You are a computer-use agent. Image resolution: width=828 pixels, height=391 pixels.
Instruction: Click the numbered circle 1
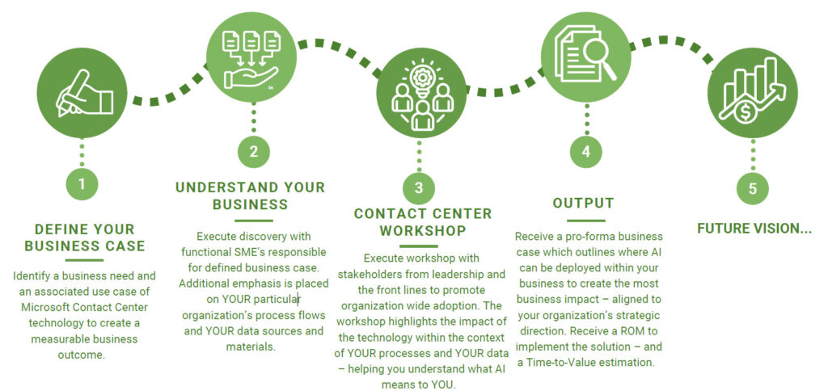point(82,184)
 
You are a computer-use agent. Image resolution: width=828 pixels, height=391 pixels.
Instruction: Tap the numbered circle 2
point(254,151)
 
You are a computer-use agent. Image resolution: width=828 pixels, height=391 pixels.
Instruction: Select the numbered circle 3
point(419,188)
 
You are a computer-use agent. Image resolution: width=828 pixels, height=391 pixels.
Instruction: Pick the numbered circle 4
point(585,151)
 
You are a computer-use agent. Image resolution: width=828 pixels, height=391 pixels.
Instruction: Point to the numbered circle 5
point(753,188)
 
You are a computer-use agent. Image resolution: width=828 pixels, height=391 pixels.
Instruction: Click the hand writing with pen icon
point(84,94)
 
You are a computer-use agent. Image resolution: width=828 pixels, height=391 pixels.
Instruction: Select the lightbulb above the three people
point(422,80)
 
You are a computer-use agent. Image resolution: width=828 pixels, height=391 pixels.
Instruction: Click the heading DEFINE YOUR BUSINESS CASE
point(84,238)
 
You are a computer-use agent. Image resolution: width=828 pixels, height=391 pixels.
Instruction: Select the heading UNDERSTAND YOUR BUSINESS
point(251,195)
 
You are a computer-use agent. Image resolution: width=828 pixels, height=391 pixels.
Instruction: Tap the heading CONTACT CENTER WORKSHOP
point(422,222)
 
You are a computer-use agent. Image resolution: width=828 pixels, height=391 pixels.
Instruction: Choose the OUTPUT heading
point(584,203)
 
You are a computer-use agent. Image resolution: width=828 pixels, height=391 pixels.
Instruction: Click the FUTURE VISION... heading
point(754,229)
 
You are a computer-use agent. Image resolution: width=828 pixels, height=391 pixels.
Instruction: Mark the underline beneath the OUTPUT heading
point(586,221)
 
